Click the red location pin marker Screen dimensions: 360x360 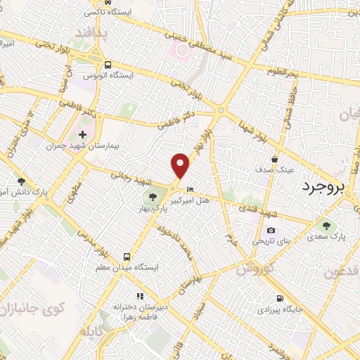[181, 165]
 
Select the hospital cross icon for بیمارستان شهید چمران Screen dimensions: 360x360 [83, 134]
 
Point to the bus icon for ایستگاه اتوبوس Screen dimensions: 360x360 [108, 65]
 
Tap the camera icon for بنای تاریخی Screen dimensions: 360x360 [271, 230]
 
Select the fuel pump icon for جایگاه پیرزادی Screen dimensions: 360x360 [281, 297]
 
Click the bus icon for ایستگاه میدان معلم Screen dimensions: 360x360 [127, 257]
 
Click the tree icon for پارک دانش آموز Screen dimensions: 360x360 [22, 181]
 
